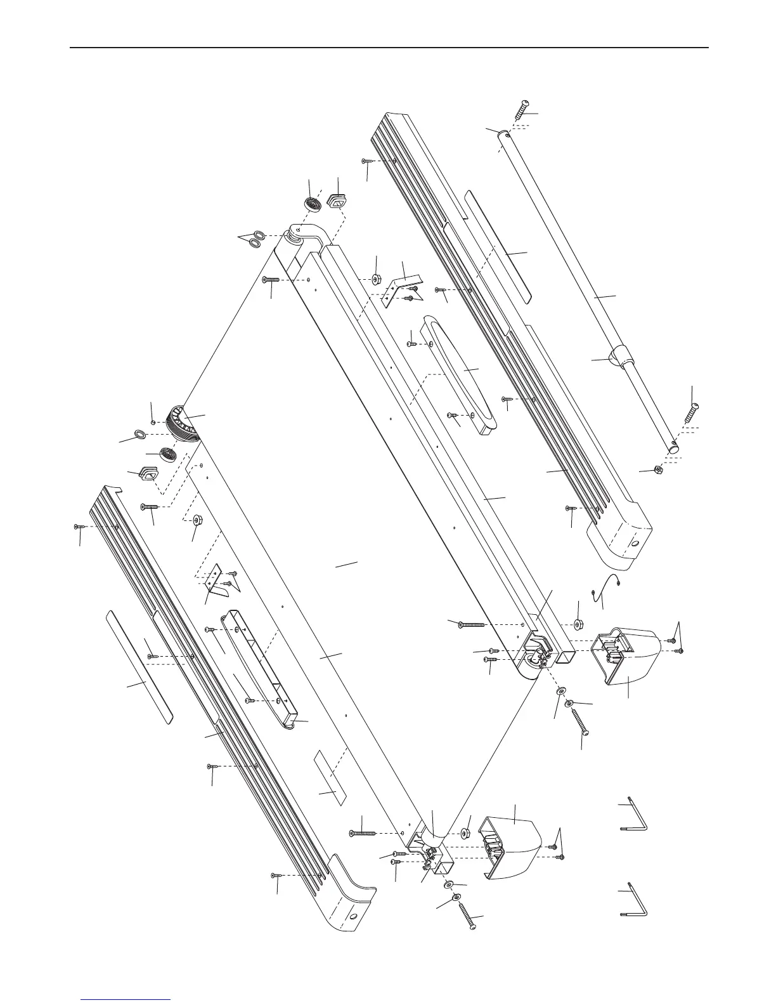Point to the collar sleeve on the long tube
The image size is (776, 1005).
click(x=621, y=357)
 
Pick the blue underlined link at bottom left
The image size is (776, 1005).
click(x=126, y=999)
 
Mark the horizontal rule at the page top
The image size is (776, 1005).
click(x=388, y=47)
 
